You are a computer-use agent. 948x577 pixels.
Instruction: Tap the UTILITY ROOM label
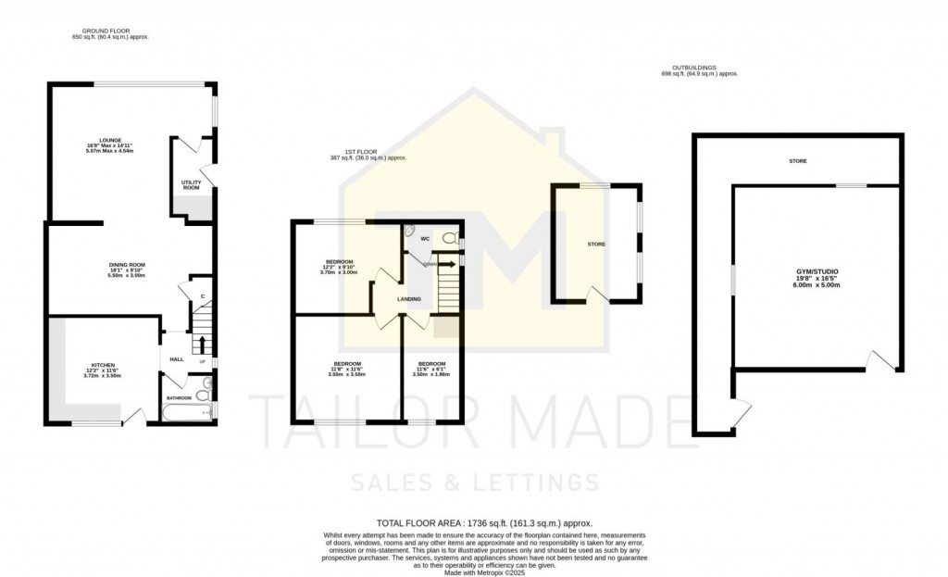(191, 185)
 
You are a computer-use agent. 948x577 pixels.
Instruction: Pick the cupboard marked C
(202, 296)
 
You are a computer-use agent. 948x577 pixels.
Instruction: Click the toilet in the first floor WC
(450, 239)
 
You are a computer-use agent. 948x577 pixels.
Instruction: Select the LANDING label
(410, 299)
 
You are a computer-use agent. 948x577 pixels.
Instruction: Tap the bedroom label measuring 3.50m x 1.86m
(430, 368)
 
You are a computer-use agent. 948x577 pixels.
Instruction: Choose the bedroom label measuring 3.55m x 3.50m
(347, 368)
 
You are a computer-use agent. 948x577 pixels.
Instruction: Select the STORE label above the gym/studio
(797, 161)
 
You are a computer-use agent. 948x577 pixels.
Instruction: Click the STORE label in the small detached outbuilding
(596, 245)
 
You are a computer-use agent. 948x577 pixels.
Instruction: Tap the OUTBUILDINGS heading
(705, 70)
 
